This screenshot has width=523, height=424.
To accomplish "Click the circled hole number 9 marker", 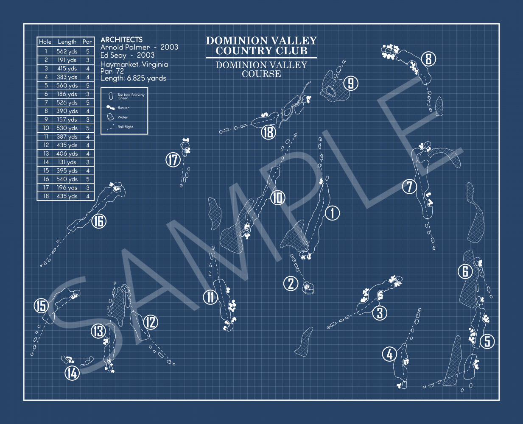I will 351,84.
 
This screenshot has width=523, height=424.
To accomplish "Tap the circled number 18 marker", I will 268,132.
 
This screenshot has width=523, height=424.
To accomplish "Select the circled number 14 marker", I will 72,373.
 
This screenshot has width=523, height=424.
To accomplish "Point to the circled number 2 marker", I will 291,283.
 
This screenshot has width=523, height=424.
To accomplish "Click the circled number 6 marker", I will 465,271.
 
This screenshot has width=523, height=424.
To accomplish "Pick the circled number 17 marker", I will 173,160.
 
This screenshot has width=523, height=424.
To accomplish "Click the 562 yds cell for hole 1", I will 67,51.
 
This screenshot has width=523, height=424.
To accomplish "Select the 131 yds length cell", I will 67,162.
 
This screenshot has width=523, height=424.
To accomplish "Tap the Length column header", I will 67,42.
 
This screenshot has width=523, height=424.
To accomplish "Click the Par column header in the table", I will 87,42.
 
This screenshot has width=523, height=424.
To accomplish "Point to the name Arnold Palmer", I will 125,47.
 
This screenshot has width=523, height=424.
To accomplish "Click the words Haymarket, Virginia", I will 134,64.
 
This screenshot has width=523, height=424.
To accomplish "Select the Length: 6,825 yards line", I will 133,78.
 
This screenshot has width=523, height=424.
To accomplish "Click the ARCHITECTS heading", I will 121,39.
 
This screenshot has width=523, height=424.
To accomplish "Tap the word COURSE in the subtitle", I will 261,74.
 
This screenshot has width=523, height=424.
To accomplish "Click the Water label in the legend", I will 123,117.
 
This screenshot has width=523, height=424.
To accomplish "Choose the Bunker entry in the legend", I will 123,108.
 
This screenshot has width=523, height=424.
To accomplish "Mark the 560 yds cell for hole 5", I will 67,85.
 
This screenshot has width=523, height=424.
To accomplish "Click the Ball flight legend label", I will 125,127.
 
